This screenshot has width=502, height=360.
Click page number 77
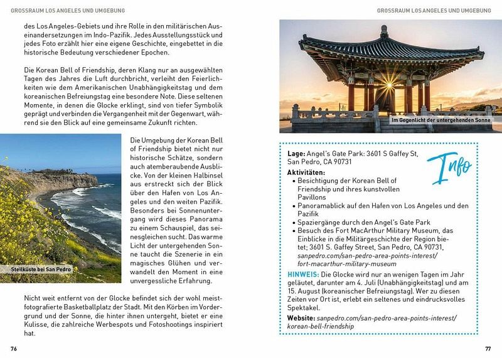coord(488,349)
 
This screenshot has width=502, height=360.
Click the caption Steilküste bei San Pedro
coord(41,269)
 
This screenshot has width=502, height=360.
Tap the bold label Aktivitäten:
coord(306,172)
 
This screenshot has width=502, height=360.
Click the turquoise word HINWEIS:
coord(303,275)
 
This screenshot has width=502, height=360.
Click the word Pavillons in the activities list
coord(316,197)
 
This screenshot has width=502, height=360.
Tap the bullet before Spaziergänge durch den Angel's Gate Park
coord(293,223)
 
